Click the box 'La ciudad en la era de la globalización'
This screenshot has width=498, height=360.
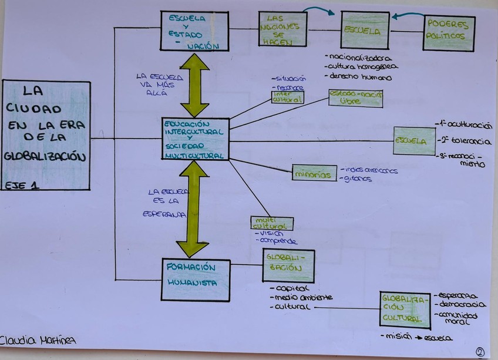46,135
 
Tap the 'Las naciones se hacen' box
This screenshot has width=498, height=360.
282,29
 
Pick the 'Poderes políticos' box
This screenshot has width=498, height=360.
449,32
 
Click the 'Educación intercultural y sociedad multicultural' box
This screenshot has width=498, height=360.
195,139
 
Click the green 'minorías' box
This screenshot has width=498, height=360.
314,173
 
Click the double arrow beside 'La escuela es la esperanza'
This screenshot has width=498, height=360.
194,209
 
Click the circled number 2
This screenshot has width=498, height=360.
480,351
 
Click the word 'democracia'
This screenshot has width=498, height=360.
465,304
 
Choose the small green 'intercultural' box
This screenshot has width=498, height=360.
287,97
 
